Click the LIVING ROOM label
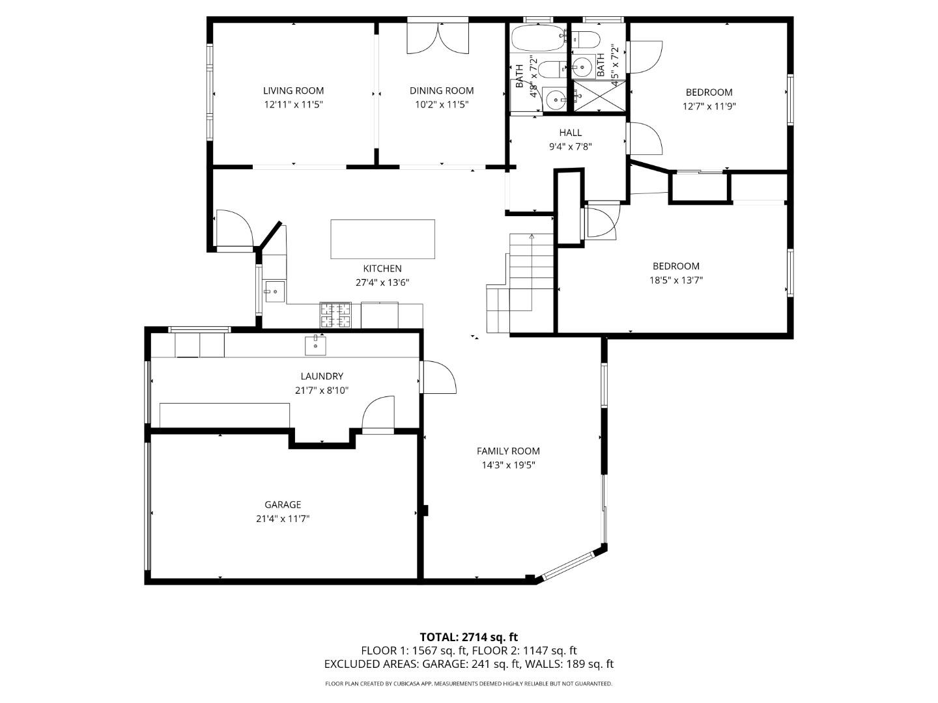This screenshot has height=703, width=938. (293, 90)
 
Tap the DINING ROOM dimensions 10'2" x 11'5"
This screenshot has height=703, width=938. (441, 105)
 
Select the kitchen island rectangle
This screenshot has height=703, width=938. (382, 239)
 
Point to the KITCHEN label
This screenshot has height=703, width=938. (382, 268)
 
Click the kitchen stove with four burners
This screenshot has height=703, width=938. (335, 316)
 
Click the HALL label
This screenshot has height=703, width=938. (570, 133)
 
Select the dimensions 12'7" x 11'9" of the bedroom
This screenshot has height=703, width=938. (709, 106)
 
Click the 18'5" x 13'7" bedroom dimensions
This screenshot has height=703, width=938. (676, 281)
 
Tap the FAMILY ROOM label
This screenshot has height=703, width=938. (508, 450)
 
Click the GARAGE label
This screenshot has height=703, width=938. (283, 504)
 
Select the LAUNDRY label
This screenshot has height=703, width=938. (322, 376)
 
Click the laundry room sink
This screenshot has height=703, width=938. (316, 346)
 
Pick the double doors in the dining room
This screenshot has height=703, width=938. (438, 38)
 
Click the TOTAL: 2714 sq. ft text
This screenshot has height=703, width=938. (468, 637)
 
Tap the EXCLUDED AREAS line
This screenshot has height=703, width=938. (468, 664)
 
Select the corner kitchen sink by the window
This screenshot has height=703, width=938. (274, 292)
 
